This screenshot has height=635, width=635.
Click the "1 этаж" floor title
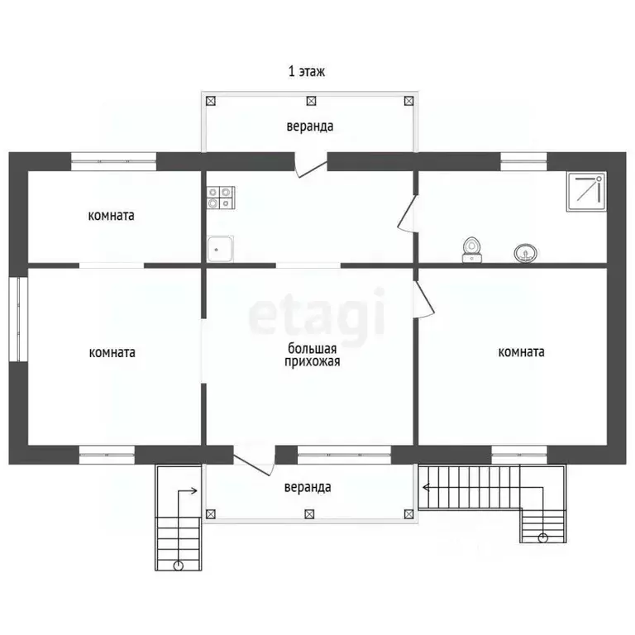pyautogui.click(x=306, y=71)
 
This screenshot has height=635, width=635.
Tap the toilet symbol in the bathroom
pyautogui.click(x=472, y=250)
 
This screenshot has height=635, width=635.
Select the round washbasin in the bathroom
pyautogui.click(x=525, y=254)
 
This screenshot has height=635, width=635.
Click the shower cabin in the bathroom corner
pyautogui.click(x=586, y=192)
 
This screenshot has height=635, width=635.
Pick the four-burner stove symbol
pyautogui.click(x=221, y=198)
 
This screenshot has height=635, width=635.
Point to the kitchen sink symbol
pyautogui.click(x=220, y=249)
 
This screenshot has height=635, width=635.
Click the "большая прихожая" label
pyautogui.click(x=312, y=355)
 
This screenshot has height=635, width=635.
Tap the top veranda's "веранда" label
pyautogui.click(x=310, y=127)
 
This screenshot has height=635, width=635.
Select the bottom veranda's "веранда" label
pyautogui.click(x=308, y=487)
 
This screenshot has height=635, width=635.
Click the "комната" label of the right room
pyautogui.click(x=521, y=352)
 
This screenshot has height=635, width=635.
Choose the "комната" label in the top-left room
pyautogui.click(x=111, y=216)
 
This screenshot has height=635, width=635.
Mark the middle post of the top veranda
pyautogui.click(x=311, y=101)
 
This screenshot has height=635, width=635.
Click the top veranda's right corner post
pyautogui.click(x=408, y=101)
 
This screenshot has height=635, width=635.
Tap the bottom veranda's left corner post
pyautogui.click(x=210, y=514)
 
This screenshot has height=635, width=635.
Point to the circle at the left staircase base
pyautogui.click(x=179, y=566)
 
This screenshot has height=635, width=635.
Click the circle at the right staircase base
pyautogui.click(x=542, y=537)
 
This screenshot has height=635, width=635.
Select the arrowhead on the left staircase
pyautogui.click(x=194, y=491)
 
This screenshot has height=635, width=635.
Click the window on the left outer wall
pyautogui.click(x=18, y=319)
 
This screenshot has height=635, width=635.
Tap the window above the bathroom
pyautogui.click(x=523, y=161)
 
